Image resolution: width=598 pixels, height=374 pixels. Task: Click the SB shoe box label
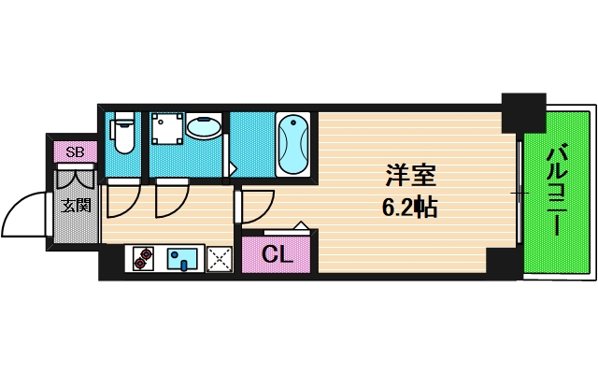click(75, 152)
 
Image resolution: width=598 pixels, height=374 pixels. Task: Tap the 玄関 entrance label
click(76, 205)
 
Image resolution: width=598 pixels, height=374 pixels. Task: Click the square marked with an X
click(221, 258)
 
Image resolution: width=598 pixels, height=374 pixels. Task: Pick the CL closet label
click(278, 253)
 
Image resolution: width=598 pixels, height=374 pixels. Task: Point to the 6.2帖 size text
click(411, 207)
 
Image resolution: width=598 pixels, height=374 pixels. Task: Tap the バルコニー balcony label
click(558, 192)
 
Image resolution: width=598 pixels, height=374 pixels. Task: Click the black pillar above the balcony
click(522, 111)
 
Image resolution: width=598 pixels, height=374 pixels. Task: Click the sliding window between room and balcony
click(520, 192)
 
